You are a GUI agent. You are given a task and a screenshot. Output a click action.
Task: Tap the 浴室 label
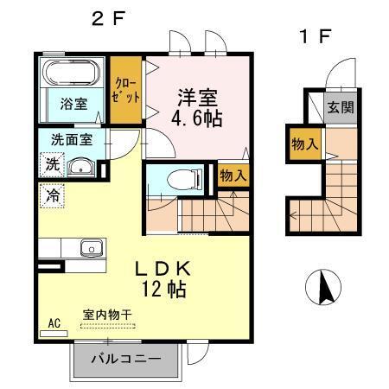point(73,104)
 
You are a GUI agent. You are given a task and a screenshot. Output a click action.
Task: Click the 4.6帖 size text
point(197,118)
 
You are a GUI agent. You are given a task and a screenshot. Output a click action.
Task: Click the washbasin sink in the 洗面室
point(84,167)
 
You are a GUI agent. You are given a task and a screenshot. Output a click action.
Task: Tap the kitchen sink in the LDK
point(90,249)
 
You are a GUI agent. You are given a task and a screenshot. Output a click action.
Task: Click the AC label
point(54,324)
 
